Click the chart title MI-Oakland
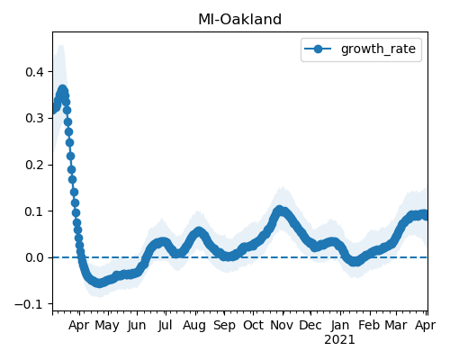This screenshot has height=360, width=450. point(239,20)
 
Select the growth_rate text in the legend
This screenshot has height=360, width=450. point(378,49)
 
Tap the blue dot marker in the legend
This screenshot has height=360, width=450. point(318,49)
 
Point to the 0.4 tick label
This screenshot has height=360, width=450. point(35,72)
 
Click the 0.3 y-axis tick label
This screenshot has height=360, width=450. point(35,119)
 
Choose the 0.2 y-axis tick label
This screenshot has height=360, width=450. point(35,165)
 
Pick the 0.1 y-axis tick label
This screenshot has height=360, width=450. point(35,211)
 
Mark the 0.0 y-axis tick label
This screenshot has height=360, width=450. point(35,257)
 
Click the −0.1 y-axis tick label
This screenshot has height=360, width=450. point(30,304)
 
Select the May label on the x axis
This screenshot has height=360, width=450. point(107,326)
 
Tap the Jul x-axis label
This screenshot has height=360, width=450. point(165,325)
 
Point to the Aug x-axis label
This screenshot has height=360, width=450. point(194,326)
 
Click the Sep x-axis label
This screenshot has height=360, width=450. point(224,326)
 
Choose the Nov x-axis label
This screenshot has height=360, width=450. point(282,325)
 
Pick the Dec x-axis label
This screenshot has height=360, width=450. point(310,325)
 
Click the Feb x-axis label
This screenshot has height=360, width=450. point(369,325)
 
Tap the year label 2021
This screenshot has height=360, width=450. point(339,340)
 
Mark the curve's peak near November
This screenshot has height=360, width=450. point(279,210)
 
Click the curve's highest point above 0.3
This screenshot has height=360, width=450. point(62,90)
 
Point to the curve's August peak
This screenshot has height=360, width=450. point(198,232)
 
